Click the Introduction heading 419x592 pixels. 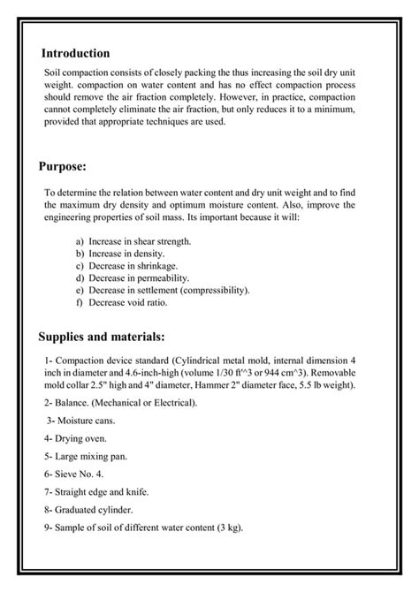click(x=75, y=53)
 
